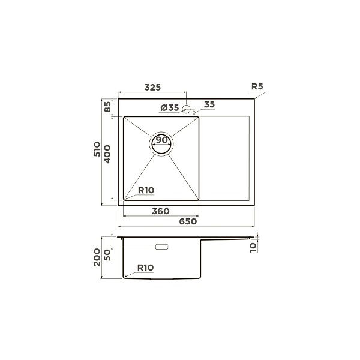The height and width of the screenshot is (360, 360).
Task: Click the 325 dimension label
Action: pos(152,88)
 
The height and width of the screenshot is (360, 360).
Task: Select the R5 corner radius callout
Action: pos(257,86)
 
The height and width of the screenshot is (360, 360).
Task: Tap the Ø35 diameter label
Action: pos(170,107)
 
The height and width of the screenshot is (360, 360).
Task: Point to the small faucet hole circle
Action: pos(186,109)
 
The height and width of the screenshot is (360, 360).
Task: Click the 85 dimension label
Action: pos(107,107)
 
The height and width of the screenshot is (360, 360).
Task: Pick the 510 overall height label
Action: pos(97,149)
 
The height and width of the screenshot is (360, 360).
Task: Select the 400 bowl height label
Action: pos(107,154)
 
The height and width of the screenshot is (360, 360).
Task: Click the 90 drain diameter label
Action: pos(161,140)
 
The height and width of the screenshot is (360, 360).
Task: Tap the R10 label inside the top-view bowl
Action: pos(146,190)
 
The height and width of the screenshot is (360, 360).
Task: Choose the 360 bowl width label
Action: pos(161,211)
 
